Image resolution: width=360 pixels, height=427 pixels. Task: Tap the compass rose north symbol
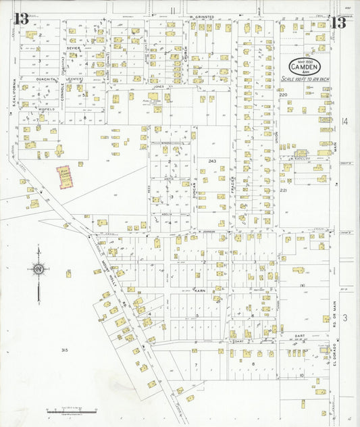(x=38, y=269)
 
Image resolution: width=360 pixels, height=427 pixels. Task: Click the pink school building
(x=65, y=178)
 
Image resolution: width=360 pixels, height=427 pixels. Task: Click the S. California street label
(x=14, y=94)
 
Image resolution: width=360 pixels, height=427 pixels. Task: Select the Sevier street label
(x=73, y=49)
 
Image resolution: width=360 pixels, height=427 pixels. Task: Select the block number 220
(x=283, y=95)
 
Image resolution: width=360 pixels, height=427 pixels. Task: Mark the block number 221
(x=284, y=191)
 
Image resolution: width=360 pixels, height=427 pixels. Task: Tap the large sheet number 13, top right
(x=338, y=22)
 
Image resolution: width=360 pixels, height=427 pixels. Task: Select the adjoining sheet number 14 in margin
(x=344, y=122)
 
